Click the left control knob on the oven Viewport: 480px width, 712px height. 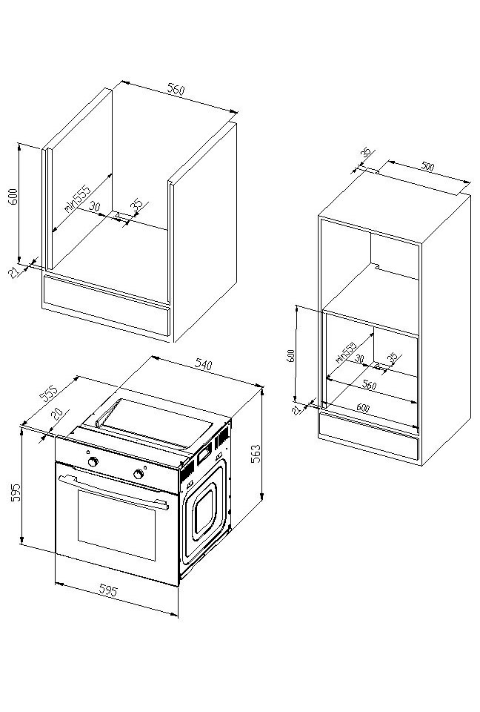tap(93, 461)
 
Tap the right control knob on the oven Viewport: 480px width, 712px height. tap(139, 473)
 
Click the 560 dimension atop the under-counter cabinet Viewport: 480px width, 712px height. tap(175, 90)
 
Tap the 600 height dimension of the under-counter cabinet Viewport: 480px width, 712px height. tap(12, 197)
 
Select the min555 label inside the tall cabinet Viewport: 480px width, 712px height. tap(346, 350)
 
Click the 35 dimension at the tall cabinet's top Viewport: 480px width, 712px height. tap(364, 153)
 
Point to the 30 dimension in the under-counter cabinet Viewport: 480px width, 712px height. tap(95, 207)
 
